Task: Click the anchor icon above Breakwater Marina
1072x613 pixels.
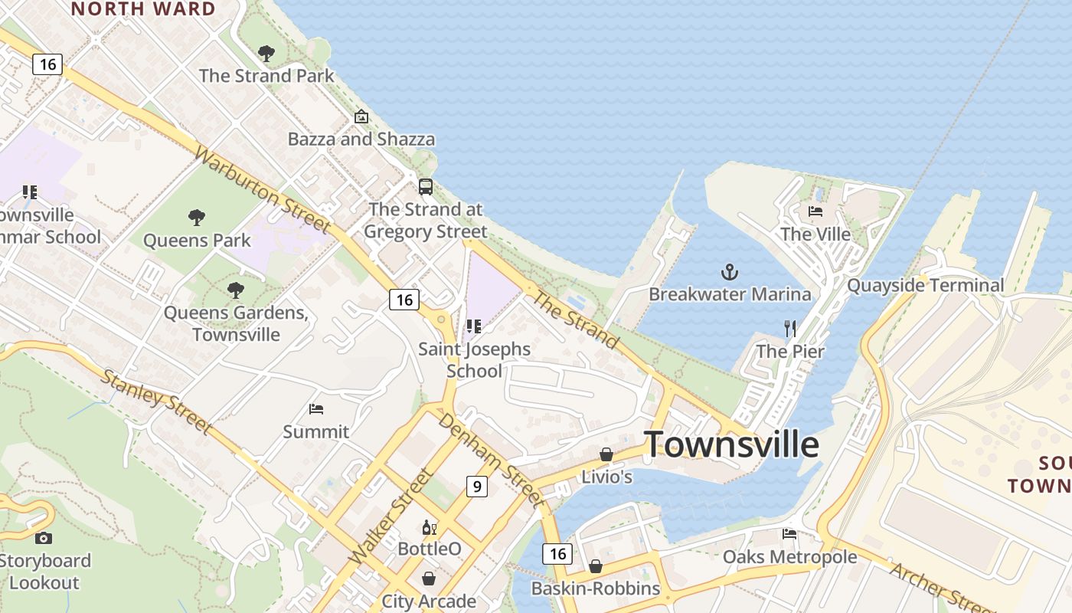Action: tap(730, 272)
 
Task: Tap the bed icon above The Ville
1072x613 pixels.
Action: tap(815, 211)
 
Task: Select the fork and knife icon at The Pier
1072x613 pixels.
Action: tap(790, 329)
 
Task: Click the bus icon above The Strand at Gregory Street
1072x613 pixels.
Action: tap(426, 187)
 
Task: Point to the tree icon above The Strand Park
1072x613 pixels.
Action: tap(266, 54)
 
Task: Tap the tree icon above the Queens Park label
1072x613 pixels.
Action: tap(197, 218)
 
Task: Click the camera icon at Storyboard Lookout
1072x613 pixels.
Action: tap(44, 538)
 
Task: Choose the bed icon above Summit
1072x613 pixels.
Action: tap(316, 409)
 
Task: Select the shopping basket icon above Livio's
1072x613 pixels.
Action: tap(606, 454)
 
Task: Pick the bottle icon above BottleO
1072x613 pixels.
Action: tap(429, 527)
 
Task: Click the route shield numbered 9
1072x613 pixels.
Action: tap(477, 486)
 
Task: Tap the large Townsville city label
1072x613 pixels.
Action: tap(731, 444)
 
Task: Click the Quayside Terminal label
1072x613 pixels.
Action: tap(925, 286)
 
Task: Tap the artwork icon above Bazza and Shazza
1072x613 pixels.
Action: tap(361, 117)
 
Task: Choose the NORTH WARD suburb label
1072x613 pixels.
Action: tap(143, 9)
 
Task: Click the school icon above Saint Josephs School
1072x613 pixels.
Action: tap(474, 327)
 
